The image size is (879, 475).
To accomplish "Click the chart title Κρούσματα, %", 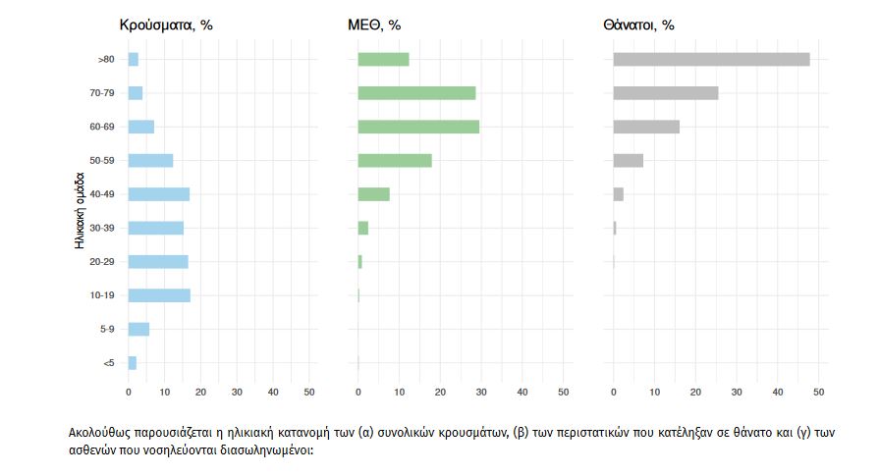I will click(166, 26).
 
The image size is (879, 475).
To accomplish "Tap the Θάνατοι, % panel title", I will click(639, 26).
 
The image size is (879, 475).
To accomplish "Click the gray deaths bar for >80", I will click(711, 60).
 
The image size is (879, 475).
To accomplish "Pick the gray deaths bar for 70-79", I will click(665, 93).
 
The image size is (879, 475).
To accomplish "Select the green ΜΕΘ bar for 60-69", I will click(418, 127).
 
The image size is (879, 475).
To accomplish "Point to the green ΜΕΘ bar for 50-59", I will click(395, 161).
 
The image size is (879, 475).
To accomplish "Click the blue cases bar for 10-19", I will click(159, 295).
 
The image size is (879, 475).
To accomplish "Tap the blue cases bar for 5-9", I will click(138, 329).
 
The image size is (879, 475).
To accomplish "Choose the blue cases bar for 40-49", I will click(158, 194).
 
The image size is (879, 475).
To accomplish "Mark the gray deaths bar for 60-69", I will click(646, 127).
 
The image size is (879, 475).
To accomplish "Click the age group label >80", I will click(106, 60).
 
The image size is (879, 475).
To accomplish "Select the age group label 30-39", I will click(102, 228).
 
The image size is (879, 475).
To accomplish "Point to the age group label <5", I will click(108, 363).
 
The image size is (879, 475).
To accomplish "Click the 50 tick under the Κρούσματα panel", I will click(309, 393).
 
